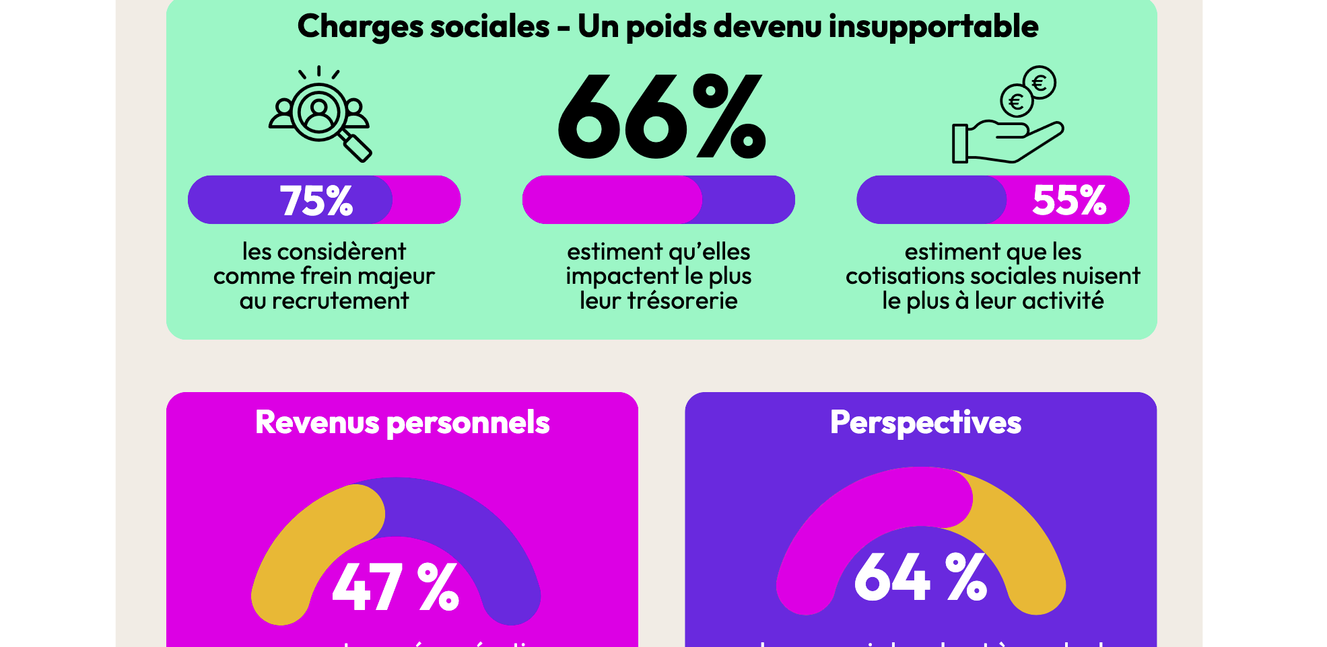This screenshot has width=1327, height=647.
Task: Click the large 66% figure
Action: click(x=661, y=116)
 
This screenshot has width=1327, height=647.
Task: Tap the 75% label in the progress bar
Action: click(x=316, y=200)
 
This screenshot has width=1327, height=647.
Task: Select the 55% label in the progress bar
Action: click(x=1068, y=200)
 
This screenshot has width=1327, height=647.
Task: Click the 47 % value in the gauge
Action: click(x=395, y=587)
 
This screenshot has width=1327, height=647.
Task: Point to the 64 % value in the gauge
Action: click(x=920, y=577)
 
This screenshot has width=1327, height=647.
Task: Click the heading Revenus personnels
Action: click(x=402, y=423)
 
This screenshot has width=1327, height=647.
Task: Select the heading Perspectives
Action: click(x=925, y=423)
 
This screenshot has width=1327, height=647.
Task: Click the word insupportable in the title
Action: click(x=933, y=27)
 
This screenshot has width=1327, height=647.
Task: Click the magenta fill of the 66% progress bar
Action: click(x=609, y=200)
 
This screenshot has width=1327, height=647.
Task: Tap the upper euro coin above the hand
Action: click(x=1040, y=83)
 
